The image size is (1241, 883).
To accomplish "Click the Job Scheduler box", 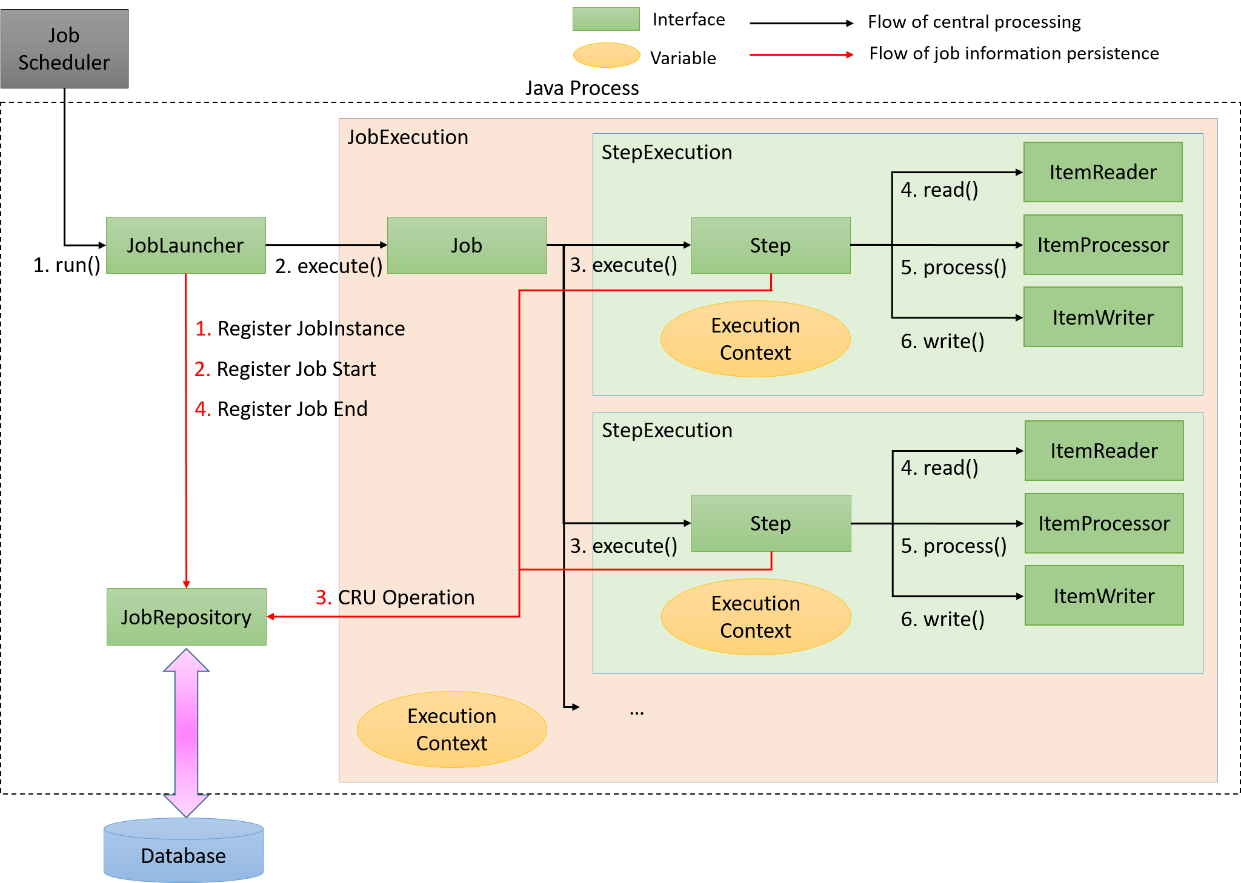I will tap(64, 48).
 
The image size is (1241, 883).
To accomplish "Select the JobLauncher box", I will tap(185, 245).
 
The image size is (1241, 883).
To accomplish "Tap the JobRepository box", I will tap(186, 617).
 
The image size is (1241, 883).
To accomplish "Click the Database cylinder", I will tap(183, 851).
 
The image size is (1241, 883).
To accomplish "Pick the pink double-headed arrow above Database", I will tap(186, 733).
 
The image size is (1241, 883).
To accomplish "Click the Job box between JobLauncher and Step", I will tap(467, 245).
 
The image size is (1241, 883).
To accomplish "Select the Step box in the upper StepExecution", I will tap(770, 245).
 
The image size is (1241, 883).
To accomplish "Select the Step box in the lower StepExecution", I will tap(771, 523).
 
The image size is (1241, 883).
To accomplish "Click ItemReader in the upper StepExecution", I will tap(1103, 172).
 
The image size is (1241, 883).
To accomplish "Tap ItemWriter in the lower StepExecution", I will tap(1104, 596).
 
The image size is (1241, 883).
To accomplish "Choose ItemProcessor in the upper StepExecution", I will tap(1103, 245).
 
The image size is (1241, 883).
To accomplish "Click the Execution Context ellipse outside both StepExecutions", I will tap(451, 729).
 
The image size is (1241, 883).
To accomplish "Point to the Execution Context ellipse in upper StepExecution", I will tap(755, 339).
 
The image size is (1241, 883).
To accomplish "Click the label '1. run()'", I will tap(67, 265).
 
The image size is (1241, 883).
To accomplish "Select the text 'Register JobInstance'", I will tap(310, 328).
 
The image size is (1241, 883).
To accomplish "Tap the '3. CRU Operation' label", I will tap(395, 597).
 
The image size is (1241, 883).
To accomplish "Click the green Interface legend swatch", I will tap(606, 19).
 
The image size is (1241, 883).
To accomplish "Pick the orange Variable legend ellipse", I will tap(607, 55).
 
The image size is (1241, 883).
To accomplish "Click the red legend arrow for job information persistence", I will tap(801, 55).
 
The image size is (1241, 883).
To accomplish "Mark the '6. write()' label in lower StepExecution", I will tap(942, 619).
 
